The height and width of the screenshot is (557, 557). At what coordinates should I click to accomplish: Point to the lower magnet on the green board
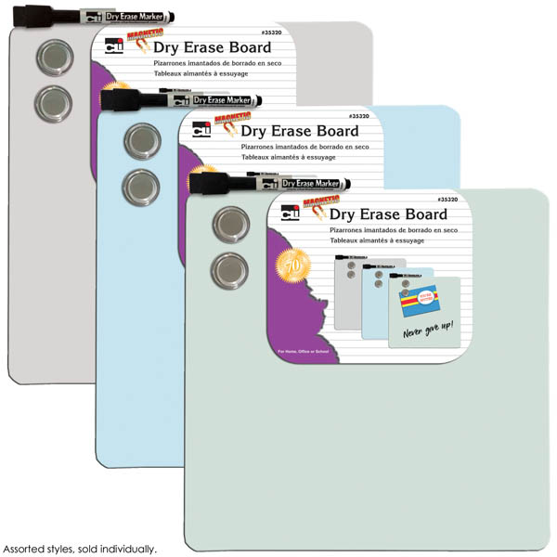(227, 270)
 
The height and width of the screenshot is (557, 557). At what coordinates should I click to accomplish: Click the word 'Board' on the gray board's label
(246, 47)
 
